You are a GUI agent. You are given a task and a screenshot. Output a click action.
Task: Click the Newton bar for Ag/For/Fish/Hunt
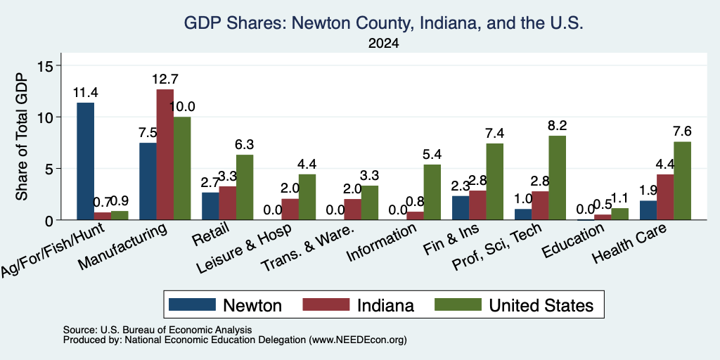coord(85,161)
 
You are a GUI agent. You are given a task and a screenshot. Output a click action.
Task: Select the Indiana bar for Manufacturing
coord(165,155)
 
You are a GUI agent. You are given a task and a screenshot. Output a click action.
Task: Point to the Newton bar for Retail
coord(210,206)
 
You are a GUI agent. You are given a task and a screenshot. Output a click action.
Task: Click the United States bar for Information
coord(432,192)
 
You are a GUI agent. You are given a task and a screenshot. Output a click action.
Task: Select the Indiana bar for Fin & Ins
coord(477,205)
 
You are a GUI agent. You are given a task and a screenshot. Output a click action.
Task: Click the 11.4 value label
coord(85,93)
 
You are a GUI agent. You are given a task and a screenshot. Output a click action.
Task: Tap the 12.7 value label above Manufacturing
coord(165,79)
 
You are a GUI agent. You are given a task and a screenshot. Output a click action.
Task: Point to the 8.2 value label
coord(558,126)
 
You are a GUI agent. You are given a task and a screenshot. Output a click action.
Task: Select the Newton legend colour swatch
coord(192,304)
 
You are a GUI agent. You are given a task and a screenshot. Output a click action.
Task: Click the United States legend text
coord(541,305)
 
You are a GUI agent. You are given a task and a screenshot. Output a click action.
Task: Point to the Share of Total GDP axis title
coord(22,136)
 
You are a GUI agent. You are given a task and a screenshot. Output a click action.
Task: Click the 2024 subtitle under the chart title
coord(383,44)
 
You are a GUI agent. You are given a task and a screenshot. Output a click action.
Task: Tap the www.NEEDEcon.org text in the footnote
coord(358,340)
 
